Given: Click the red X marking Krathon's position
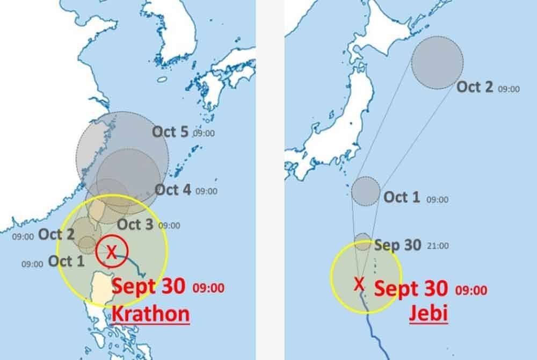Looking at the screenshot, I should pyautogui.click(x=111, y=251).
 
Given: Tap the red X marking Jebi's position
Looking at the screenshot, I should pyautogui.click(x=359, y=283).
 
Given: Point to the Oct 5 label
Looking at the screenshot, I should pyautogui.click(x=170, y=132).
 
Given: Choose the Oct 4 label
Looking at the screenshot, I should pyautogui.click(x=173, y=190).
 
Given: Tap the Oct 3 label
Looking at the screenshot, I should pyautogui.click(x=135, y=225).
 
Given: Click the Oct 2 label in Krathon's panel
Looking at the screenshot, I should pyautogui.click(x=56, y=235).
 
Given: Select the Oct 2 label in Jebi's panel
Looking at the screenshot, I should pyautogui.click(x=475, y=87).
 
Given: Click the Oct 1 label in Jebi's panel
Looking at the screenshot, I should pyautogui.click(x=402, y=197).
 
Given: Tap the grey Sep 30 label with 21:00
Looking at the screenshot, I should pyautogui.click(x=398, y=246).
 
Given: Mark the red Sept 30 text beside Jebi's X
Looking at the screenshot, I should pyautogui.click(x=411, y=289).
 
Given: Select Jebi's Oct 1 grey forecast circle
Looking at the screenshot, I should pyautogui.click(x=366, y=191).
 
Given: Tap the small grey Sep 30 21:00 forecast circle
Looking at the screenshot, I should pyautogui.click(x=363, y=242).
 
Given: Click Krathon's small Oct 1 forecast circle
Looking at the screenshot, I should pyautogui.click(x=87, y=245).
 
